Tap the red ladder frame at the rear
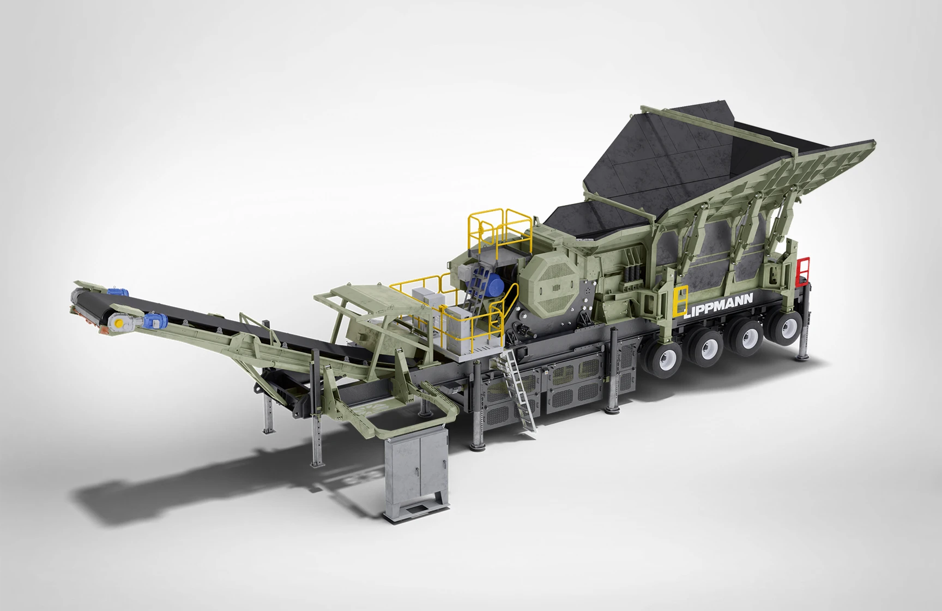(x=802, y=271)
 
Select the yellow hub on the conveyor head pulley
(x=117, y=325)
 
